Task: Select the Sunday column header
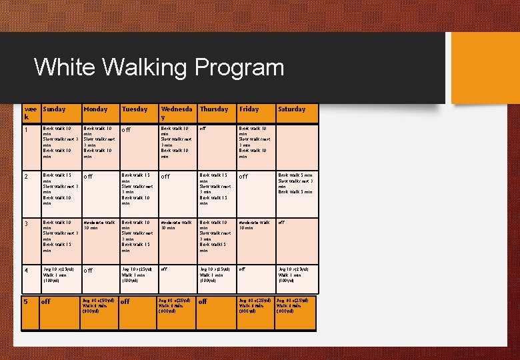point(54,109)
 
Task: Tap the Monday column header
point(95,109)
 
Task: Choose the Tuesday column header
point(135,109)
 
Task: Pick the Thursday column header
point(214,109)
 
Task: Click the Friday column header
point(249,109)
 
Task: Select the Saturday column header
point(292,109)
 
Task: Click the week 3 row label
point(26,223)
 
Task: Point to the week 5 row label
point(26,301)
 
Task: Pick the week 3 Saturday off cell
point(281,223)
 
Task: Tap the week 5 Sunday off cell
point(47,302)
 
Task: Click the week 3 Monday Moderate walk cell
point(99,225)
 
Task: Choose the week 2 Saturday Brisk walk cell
point(295,183)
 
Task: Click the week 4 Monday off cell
point(88,271)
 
